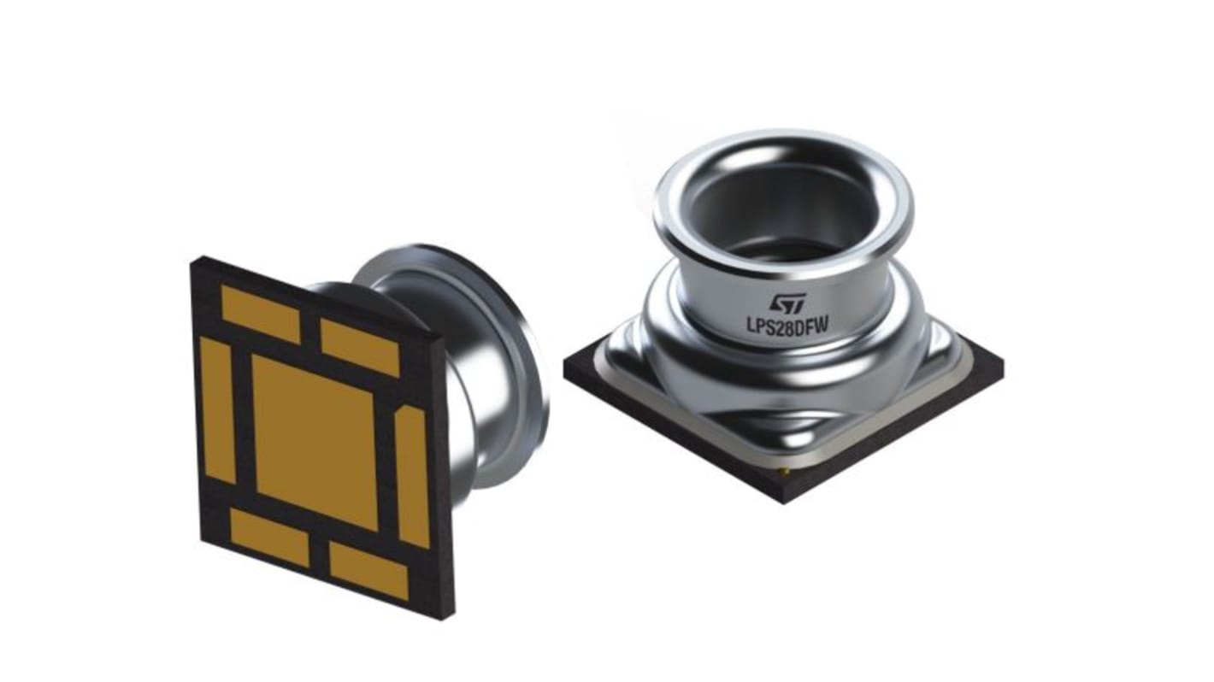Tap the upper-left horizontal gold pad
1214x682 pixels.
(x=260, y=314)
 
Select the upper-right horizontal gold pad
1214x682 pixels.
(x=360, y=346)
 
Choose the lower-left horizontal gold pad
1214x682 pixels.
(x=269, y=538)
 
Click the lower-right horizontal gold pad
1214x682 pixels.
(x=368, y=570)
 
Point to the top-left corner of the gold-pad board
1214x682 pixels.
(x=193, y=260)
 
